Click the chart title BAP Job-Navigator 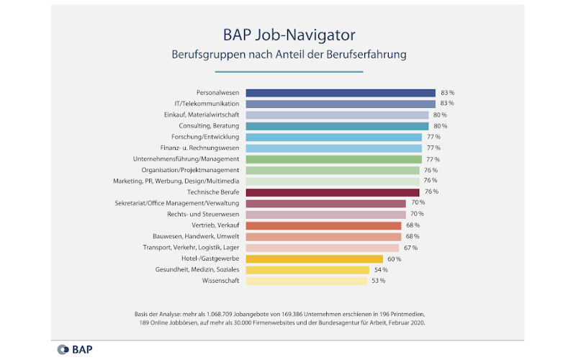tap(288, 34)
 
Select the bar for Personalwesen tap(341, 93)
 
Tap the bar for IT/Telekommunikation tap(341, 104)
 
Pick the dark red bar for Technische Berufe tap(333, 192)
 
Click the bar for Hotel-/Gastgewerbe tap(314, 258)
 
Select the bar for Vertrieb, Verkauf tap(323, 225)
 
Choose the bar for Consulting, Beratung tap(337, 126)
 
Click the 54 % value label tap(380, 270)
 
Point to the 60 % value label tap(394, 258)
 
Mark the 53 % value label tap(378, 281)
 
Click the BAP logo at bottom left tap(75, 350)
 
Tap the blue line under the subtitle tap(288, 71)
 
